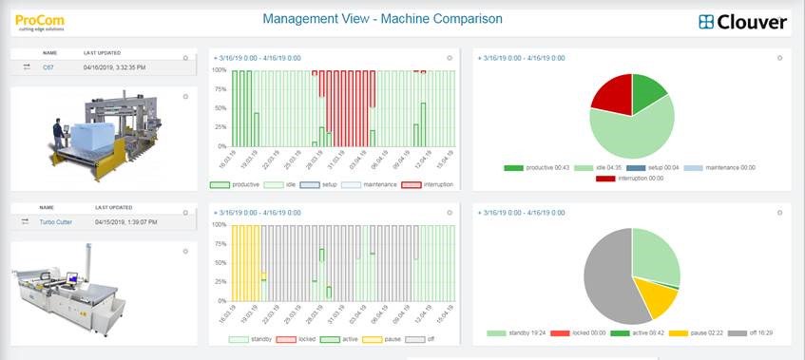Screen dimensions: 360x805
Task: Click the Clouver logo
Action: click(743, 22)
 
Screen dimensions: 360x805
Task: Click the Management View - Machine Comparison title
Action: click(382, 19)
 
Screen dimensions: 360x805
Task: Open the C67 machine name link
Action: click(48, 66)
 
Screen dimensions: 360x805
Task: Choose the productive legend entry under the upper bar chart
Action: click(238, 184)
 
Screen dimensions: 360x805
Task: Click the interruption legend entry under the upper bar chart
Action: click(428, 184)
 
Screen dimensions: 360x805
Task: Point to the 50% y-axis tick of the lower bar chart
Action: click(220, 263)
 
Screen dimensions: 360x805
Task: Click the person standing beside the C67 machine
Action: click(57, 136)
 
